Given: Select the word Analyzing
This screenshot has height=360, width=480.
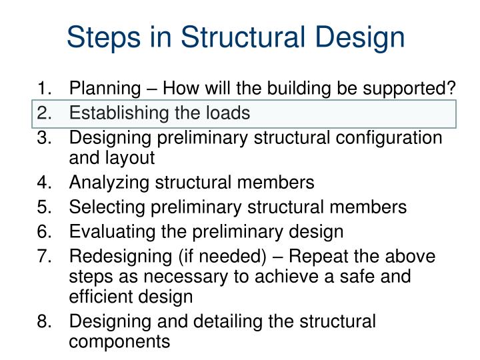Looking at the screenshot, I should click(107, 183).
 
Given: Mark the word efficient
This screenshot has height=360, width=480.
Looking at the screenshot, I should click(98, 297).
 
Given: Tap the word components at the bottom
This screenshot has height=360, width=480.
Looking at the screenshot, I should click(119, 341).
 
